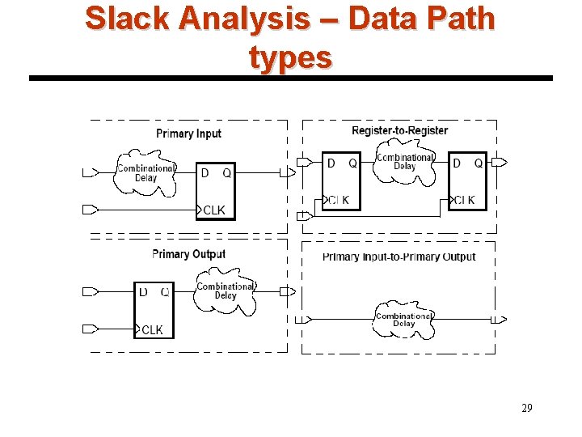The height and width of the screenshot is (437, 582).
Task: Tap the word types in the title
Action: (x=290, y=57)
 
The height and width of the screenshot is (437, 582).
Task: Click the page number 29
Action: (x=526, y=408)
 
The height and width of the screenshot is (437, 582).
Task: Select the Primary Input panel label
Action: (x=188, y=134)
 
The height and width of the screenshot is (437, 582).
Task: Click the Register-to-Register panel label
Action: (x=399, y=130)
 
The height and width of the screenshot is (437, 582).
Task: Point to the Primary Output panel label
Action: (x=188, y=254)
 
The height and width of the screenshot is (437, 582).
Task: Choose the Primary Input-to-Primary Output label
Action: (x=399, y=257)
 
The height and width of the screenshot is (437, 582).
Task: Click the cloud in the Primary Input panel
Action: (x=145, y=173)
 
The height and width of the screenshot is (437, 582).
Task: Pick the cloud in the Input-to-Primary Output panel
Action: (x=403, y=320)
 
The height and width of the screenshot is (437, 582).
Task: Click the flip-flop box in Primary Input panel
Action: (x=216, y=191)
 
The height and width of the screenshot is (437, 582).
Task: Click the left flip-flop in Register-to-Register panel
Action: (x=341, y=181)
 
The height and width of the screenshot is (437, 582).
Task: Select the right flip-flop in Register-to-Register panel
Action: (x=467, y=181)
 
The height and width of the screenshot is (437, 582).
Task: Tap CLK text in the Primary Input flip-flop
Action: (x=214, y=210)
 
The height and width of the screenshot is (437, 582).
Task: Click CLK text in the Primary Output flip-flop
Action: (x=152, y=329)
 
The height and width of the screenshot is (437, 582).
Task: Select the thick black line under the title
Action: (x=290, y=78)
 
